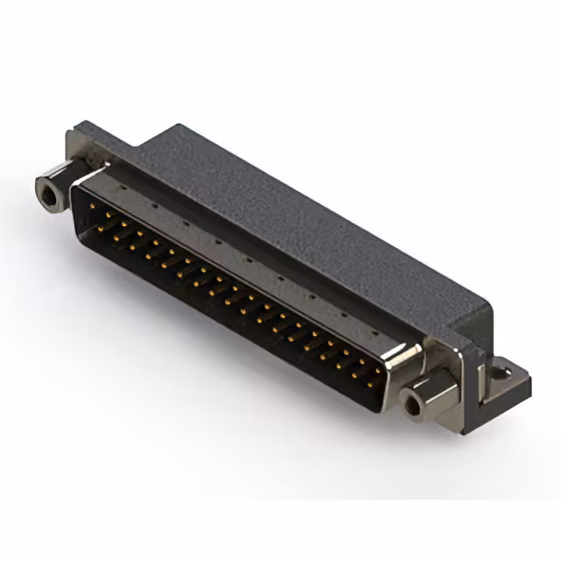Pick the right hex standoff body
(430, 394)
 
